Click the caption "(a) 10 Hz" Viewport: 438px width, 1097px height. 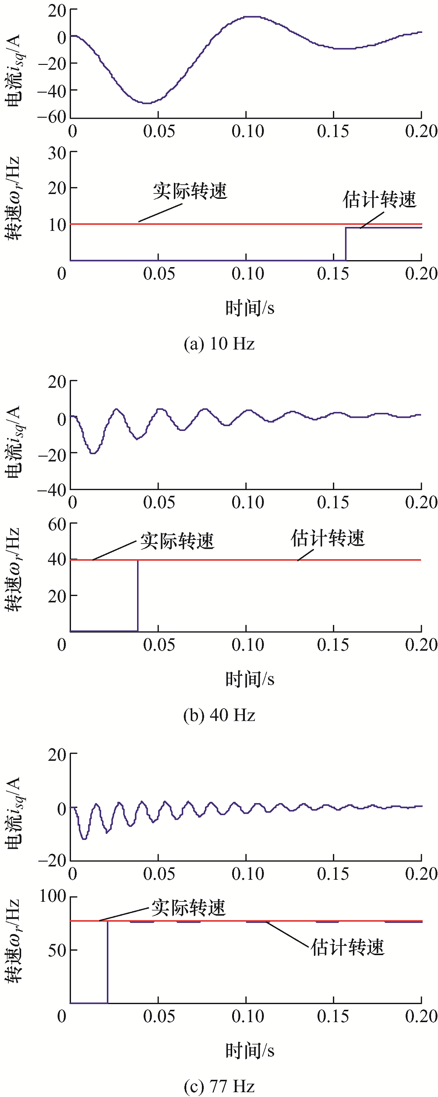click(x=219, y=344)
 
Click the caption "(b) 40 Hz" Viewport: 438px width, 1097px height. click(x=219, y=715)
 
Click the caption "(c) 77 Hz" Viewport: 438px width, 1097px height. click(x=219, y=1086)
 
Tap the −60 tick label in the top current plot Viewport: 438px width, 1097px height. click(x=52, y=117)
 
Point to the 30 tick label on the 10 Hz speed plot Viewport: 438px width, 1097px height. click(x=57, y=153)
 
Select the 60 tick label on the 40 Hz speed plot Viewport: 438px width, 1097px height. click(x=57, y=524)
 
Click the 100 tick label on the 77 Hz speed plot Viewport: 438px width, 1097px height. click(x=53, y=896)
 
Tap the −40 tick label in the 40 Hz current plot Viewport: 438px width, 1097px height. click(x=52, y=490)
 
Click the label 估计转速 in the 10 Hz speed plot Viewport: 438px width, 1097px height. click(x=379, y=200)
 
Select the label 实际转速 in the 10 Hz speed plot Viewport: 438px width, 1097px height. click(x=190, y=191)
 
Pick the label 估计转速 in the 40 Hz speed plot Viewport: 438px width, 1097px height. click(x=328, y=538)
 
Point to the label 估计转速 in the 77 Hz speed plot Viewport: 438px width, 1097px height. click(x=348, y=948)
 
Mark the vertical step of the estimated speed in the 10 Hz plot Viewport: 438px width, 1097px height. click(x=346, y=244)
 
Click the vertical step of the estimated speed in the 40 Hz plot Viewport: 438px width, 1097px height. click(x=138, y=596)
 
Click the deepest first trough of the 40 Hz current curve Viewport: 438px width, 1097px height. click(x=92, y=453)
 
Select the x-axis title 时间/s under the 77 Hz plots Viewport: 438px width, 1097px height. click(x=250, y=1051)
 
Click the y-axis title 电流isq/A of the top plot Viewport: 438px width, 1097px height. click(x=14, y=70)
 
